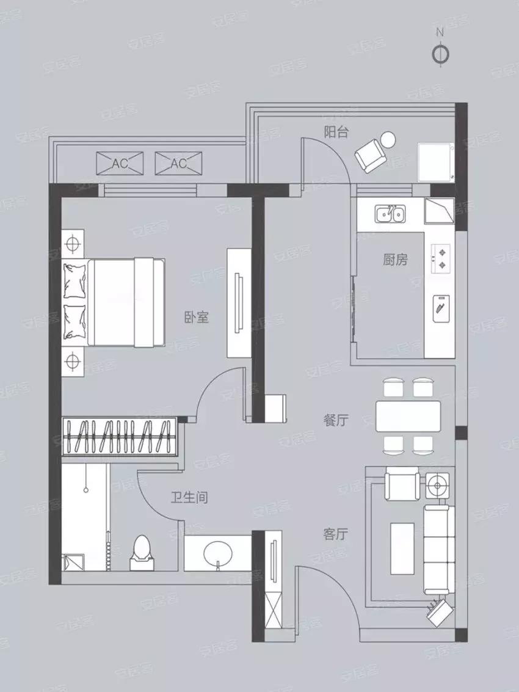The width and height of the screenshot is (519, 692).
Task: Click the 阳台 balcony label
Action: [x=336, y=132]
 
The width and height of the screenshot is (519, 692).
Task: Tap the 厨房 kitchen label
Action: [x=395, y=260]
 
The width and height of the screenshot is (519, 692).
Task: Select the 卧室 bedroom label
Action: [x=197, y=317]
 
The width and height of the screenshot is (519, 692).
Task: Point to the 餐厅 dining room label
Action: [x=336, y=420]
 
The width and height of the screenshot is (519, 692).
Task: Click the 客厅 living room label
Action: [x=335, y=534]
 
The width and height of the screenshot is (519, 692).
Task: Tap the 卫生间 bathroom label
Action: [x=189, y=498]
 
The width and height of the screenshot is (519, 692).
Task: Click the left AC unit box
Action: [x=120, y=163]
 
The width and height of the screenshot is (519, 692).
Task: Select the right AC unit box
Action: [x=178, y=163]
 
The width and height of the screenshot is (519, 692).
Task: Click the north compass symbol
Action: [x=440, y=54]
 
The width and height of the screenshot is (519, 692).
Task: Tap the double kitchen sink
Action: [x=389, y=214]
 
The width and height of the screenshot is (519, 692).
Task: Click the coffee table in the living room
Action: [x=402, y=541]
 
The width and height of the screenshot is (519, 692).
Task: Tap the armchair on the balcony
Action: [x=371, y=155]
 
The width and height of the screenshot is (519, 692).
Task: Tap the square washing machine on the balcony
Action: [x=435, y=162]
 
